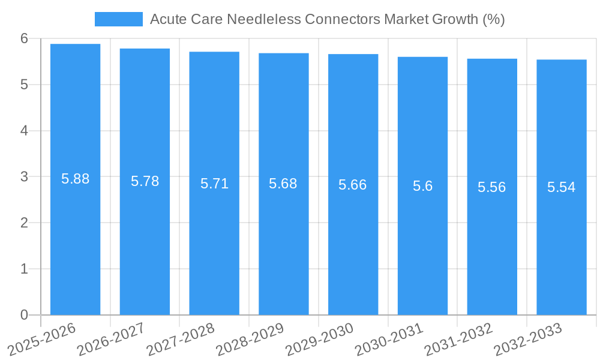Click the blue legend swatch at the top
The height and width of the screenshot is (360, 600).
tap(118, 19)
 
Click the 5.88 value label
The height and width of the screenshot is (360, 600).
tap(75, 179)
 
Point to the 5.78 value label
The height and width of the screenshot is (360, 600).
tap(145, 181)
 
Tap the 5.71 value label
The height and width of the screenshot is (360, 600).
tap(214, 184)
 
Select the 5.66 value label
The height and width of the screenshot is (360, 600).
tap(353, 185)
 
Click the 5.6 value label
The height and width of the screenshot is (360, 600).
tap(422, 186)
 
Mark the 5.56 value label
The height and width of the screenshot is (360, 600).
tap(492, 187)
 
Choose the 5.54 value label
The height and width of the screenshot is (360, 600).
tap(562, 187)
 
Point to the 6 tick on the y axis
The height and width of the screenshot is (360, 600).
tap(24, 38)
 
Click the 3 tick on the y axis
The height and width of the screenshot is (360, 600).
tap(24, 177)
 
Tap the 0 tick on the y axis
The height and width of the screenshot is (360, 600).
tap(24, 315)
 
